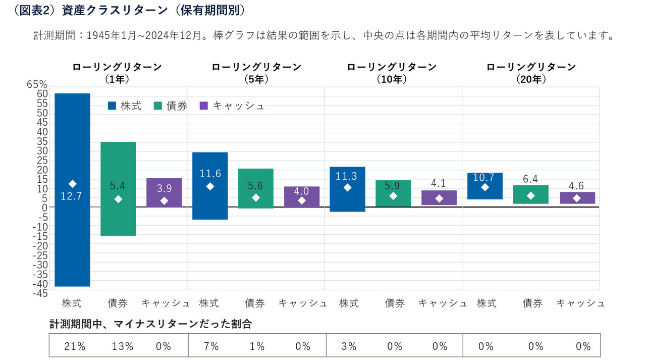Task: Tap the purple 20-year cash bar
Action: pyautogui.click(x=577, y=197)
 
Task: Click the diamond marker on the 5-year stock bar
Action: pyautogui.click(x=210, y=186)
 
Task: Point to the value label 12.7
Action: pyautogui.click(x=71, y=196)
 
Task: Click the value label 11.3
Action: pyautogui.click(x=347, y=176)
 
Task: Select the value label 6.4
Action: pyautogui.click(x=530, y=179)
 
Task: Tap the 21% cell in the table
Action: pyautogui.click(x=75, y=346)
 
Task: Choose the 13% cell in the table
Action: pyautogui.click(x=123, y=346)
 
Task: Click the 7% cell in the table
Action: pyautogui.click(x=211, y=346)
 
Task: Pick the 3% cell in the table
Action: pyautogui.click(x=349, y=346)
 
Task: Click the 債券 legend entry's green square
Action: pyautogui.click(x=157, y=106)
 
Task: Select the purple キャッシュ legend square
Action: pyautogui.click(x=204, y=106)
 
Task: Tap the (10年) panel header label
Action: pyautogui.click(x=392, y=79)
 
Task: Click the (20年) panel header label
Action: pyautogui.click(x=531, y=79)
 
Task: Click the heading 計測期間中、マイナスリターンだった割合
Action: pyautogui.click(x=150, y=324)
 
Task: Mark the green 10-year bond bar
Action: pyautogui.click(x=393, y=193)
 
